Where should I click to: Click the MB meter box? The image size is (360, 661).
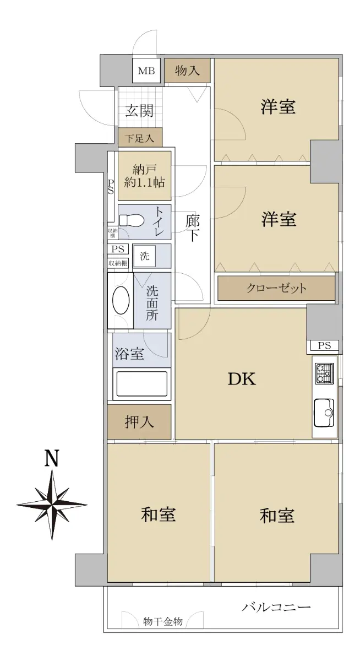pos(146,71)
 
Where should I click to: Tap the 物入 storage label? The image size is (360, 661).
pos(187,71)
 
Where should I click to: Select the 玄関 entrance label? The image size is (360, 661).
pos(139,111)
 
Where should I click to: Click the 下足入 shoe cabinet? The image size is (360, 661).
pos(140,137)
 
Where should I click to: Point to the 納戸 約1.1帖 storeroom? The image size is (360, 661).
pos(144,176)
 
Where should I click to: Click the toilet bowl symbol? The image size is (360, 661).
pos(132,220)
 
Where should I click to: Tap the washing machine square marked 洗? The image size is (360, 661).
pos(144,256)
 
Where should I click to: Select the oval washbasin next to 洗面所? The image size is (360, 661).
pos(121,300)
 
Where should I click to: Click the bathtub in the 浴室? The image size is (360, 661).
pos(142,384)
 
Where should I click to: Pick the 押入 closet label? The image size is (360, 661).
pos(139,422)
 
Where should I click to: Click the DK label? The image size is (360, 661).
pos(242,379)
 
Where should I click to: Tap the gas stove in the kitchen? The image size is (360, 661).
pos(325,373)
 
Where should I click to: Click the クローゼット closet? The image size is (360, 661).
pos(276,288)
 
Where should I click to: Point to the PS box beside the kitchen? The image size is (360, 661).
pos(324,345)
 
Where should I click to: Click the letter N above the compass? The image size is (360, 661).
pos(52,458)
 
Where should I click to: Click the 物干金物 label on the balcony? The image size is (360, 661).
pos(163,622)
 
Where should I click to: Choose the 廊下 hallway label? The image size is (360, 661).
pos(193,229)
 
